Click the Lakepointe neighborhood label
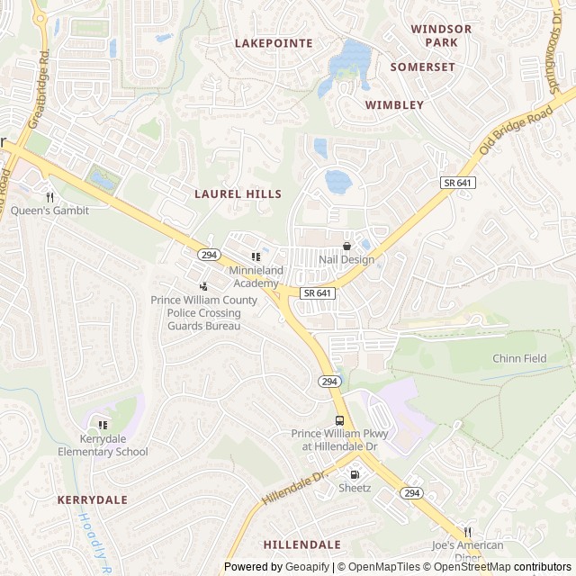click(274, 43)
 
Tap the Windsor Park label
click(441, 35)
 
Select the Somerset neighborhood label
click(422, 67)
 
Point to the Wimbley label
click(394, 104)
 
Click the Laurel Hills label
click(238, 193)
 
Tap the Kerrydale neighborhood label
click(93, 499)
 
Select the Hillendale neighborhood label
click(302, 544)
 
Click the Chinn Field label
click(519, 358)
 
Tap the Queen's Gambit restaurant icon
click(50, 197)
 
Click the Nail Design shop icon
click(346, 246)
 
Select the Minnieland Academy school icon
click(256, 256)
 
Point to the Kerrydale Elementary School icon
click(103, 425)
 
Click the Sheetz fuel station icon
click(355, 474)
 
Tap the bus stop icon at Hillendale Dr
click(339, 420)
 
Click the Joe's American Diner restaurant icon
click(467, 532)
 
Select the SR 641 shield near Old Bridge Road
click(457, 183)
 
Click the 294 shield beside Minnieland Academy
click(209, 255)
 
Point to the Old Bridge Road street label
click(515, 130)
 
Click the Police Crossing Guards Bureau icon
click(203, 286)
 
